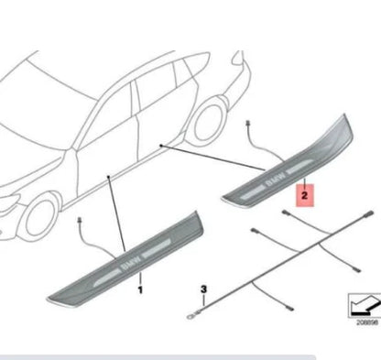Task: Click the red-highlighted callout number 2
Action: tap(305, 194)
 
